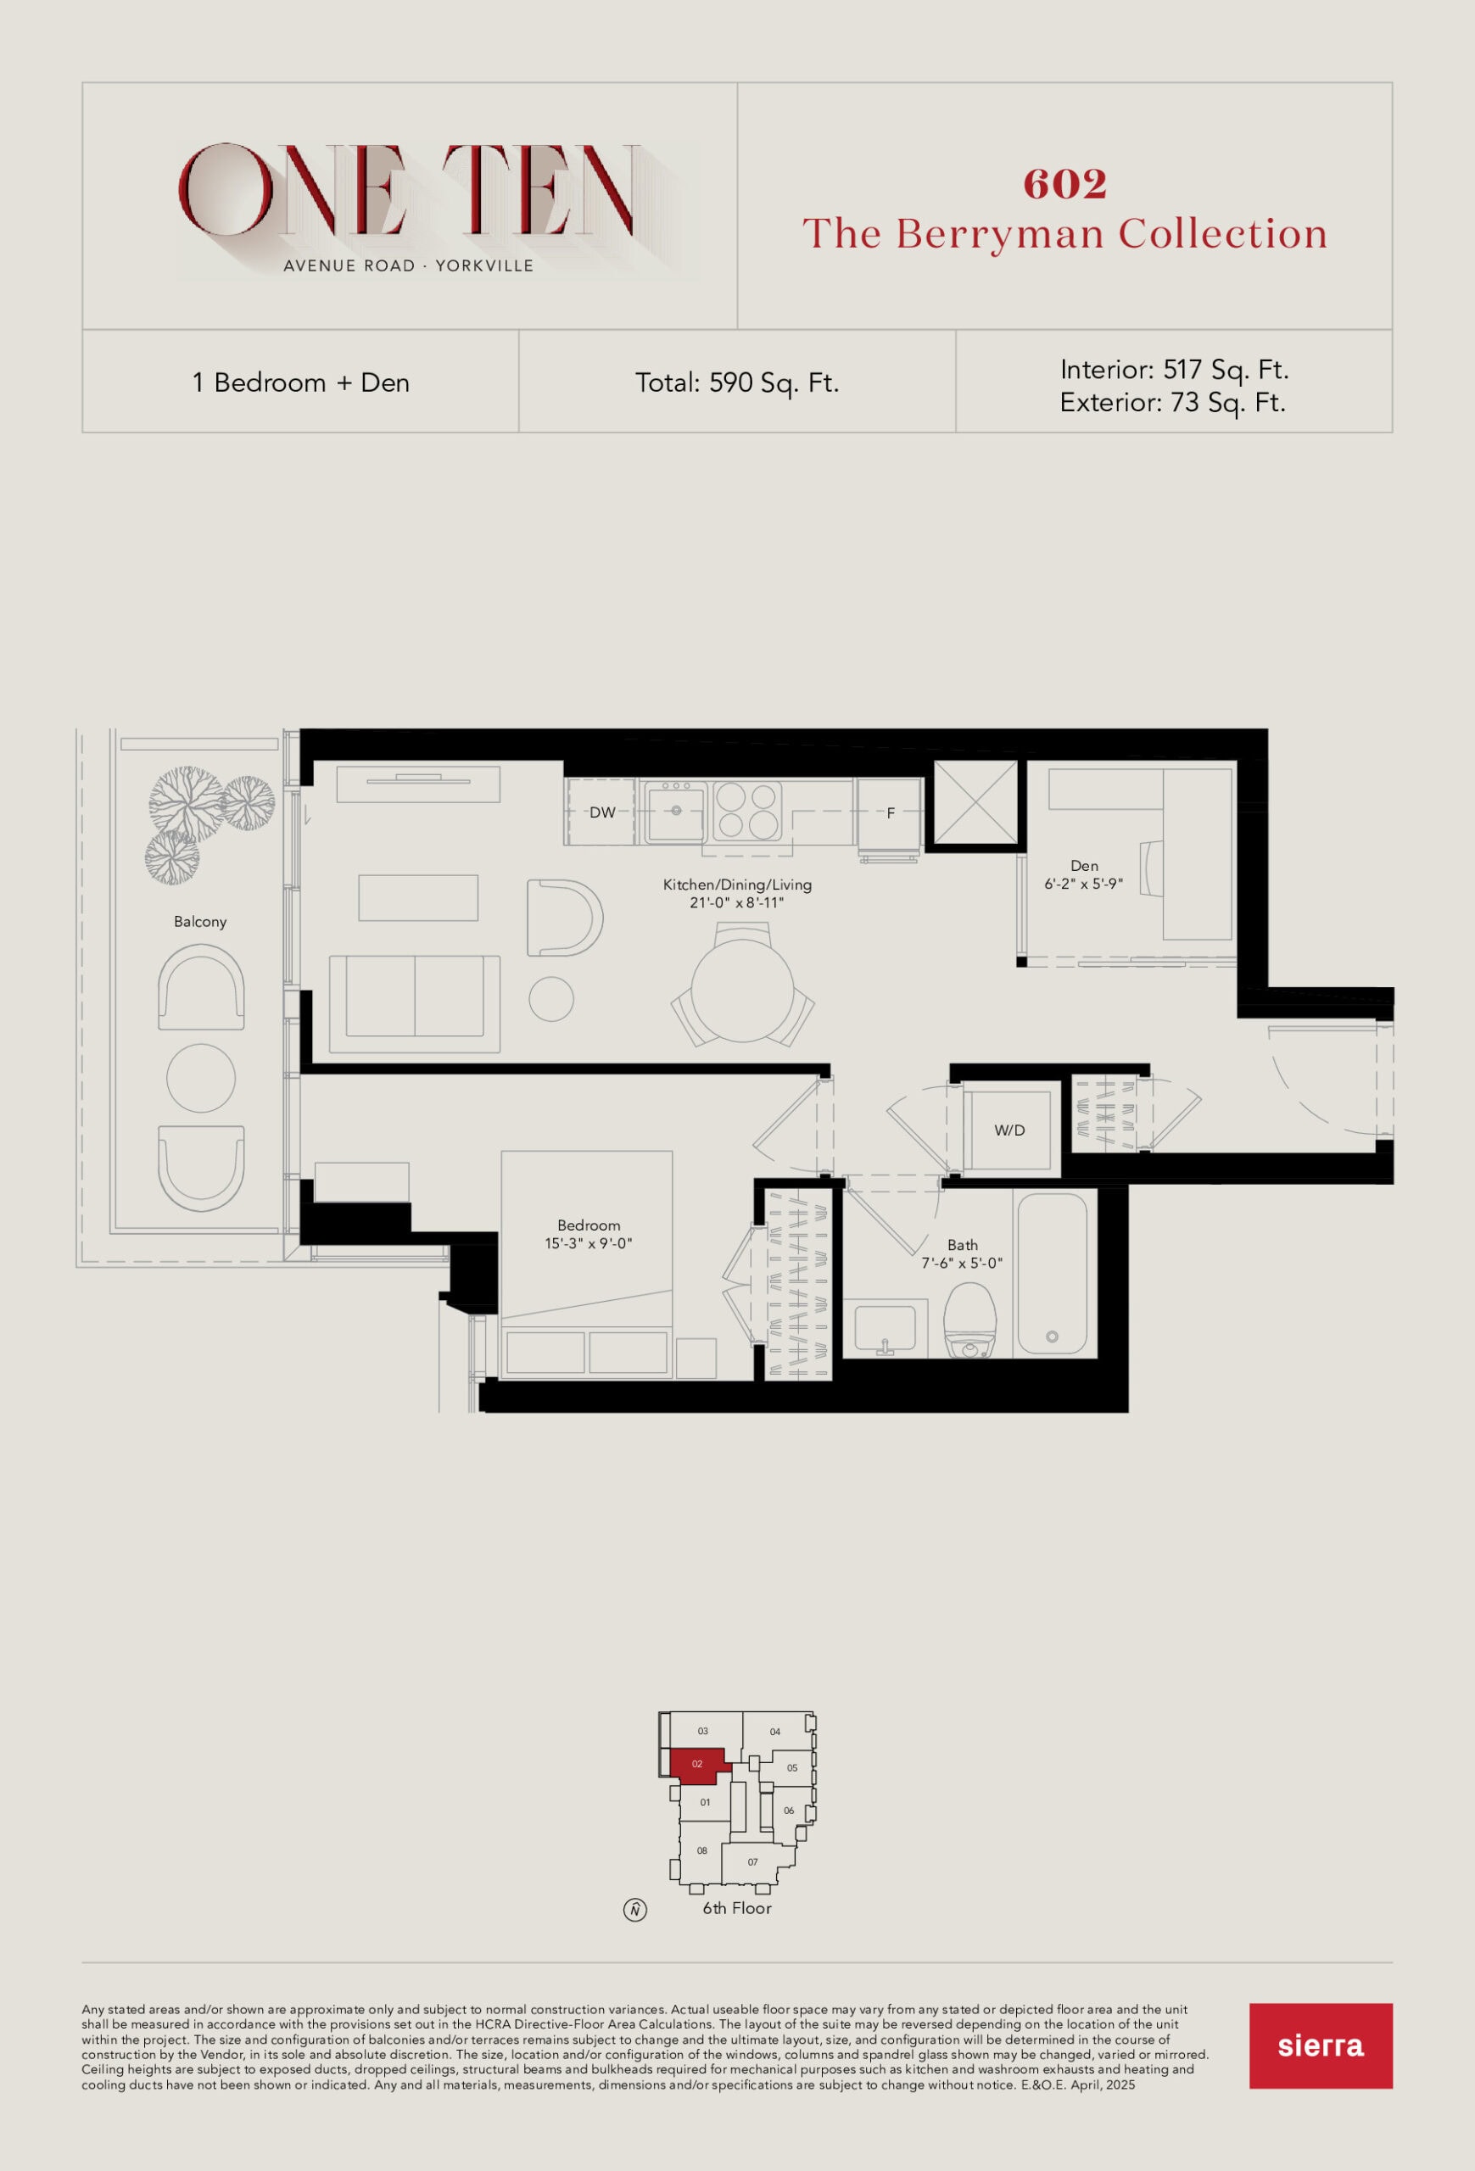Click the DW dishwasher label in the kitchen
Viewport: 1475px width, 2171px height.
pos(602,812)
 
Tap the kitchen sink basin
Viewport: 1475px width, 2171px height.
pos(674,811)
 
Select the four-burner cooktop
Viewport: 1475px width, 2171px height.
pos(747,811)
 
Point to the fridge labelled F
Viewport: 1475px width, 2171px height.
pos(891,812)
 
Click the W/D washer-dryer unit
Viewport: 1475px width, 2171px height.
pos(1010,1130)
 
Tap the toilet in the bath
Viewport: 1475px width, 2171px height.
pos(969,1319)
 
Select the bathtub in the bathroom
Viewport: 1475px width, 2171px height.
pos(1052,1275)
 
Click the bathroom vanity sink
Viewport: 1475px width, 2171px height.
pos(885,1328)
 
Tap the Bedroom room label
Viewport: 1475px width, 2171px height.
pos(589,1225)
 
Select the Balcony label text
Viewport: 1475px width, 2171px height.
pos(200,922)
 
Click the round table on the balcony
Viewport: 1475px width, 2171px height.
pos(201,1077)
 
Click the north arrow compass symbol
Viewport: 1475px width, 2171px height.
pos(635,1910)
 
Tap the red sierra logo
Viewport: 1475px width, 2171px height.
pos(1321,2045)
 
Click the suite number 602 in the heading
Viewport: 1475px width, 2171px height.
pos(1065,184)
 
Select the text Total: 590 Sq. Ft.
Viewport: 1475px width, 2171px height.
pos(737,383)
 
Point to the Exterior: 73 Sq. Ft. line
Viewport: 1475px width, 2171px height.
pos(1172,403)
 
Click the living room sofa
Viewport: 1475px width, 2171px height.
pos(415,1003)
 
